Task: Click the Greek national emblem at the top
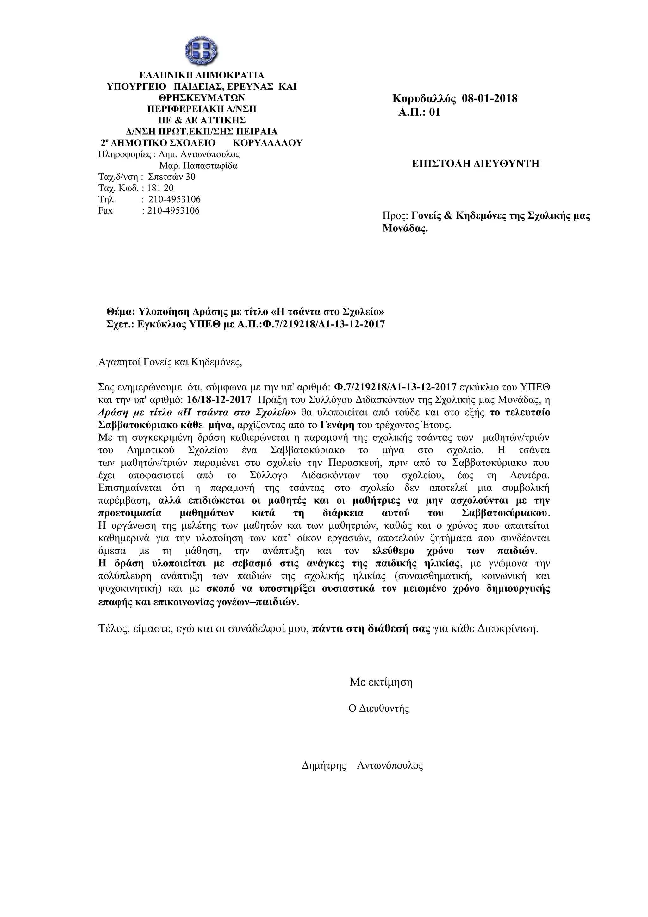tap(201, 51)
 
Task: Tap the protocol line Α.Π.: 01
tap(419, 112)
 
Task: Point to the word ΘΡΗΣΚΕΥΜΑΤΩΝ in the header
tap(201, 97)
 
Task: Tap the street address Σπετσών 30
tap(172, 177)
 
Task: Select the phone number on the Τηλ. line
tap(174, 199)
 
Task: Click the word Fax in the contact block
tap(105, 210)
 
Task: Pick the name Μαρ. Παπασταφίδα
tap(198, 165)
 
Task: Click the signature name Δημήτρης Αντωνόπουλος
tap(362, 766)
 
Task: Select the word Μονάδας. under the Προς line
tap(405, 229)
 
